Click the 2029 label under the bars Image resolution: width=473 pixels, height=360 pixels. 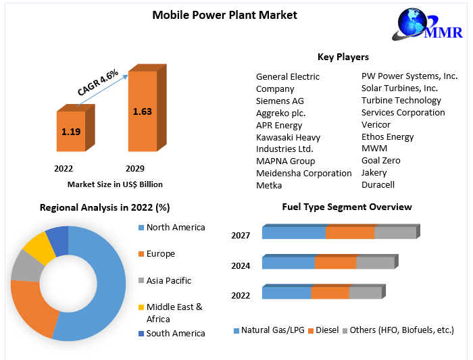coord(135,168)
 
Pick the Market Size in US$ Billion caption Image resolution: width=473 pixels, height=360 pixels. coord(115,184)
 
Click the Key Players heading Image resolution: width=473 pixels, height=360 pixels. coord(343,57)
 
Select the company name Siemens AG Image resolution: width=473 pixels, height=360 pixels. coord(280,101)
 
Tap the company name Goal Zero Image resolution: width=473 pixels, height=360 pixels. coord(380,160)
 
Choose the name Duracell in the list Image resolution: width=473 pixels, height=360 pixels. coord(378,184)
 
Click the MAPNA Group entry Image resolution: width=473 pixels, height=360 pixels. coord(285,161)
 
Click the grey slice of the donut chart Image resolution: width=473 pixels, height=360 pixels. coord(25,266)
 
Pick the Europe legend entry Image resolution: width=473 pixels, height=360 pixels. coord(160,254)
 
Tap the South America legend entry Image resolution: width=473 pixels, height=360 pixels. coord(175,333)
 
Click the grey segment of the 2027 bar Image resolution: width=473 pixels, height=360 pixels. coord(395,233)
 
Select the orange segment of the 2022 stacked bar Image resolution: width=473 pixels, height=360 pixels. coord(330,293)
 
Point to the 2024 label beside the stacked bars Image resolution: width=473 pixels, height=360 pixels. coord(241,265)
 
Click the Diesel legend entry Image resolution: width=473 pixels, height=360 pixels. coord(327,330)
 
